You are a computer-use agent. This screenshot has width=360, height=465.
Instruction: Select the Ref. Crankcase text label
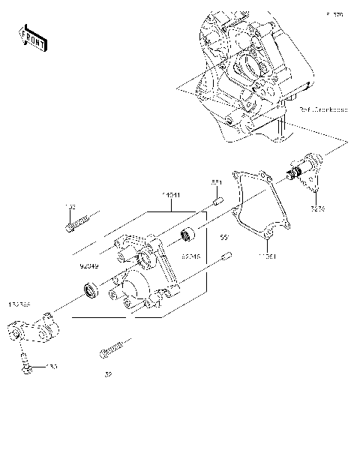(323, 109)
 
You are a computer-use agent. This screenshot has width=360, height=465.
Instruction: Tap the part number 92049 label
(89, 265)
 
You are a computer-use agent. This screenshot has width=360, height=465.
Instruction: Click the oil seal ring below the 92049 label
(91, 289)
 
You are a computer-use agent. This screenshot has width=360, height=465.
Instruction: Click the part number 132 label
(69, 205)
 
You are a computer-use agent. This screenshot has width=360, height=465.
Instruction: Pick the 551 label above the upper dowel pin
(214, 182)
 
